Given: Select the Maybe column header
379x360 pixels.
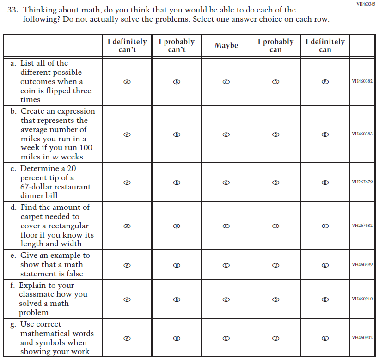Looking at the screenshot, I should click(226, 45).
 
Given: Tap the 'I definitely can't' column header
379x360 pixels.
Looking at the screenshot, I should click(127, 45).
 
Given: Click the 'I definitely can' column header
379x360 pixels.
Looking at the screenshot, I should click(325, 45).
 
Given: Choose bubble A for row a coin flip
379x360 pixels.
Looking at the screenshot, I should click(127, 82).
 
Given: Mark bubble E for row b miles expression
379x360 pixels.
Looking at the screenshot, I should click(325, 134).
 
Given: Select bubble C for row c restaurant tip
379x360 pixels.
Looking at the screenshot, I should click(226, 183).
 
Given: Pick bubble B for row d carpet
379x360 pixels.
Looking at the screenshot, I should click(177, 226).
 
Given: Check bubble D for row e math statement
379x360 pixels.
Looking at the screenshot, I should click(275, 265).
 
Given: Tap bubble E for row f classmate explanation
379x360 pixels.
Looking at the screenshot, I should click(325, 299).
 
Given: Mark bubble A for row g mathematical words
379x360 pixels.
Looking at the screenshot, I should click(127, 338).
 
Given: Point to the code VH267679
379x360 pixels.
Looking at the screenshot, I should click(362, 182).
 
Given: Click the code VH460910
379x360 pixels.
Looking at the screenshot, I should click(362, 299).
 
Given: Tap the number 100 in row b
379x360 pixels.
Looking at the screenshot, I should click(85, 148).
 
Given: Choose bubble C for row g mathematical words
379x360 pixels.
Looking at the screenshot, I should click(226, 338).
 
